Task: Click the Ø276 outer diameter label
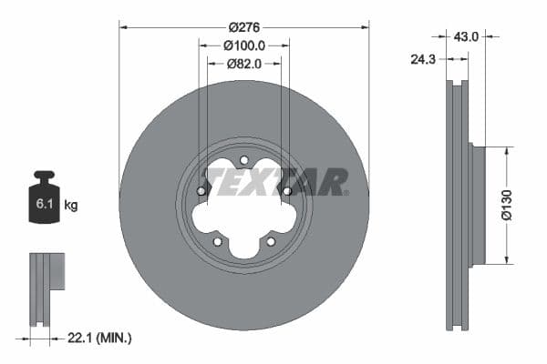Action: click(243, 26)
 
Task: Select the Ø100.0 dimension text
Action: click(243, 45)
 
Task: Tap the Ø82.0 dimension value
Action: click(243, 63)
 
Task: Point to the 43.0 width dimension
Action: click(466, 36)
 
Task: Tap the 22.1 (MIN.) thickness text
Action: click(100, 339)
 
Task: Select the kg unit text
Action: click(71, 206)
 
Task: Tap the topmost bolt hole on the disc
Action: click(244, 161)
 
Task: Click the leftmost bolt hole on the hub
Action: click(201, 191)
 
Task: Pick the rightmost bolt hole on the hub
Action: click(287, 191)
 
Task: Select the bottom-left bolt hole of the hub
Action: click(217, 241)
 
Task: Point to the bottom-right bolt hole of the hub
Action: click(271, 241)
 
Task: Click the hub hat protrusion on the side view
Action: click(475, 206)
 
